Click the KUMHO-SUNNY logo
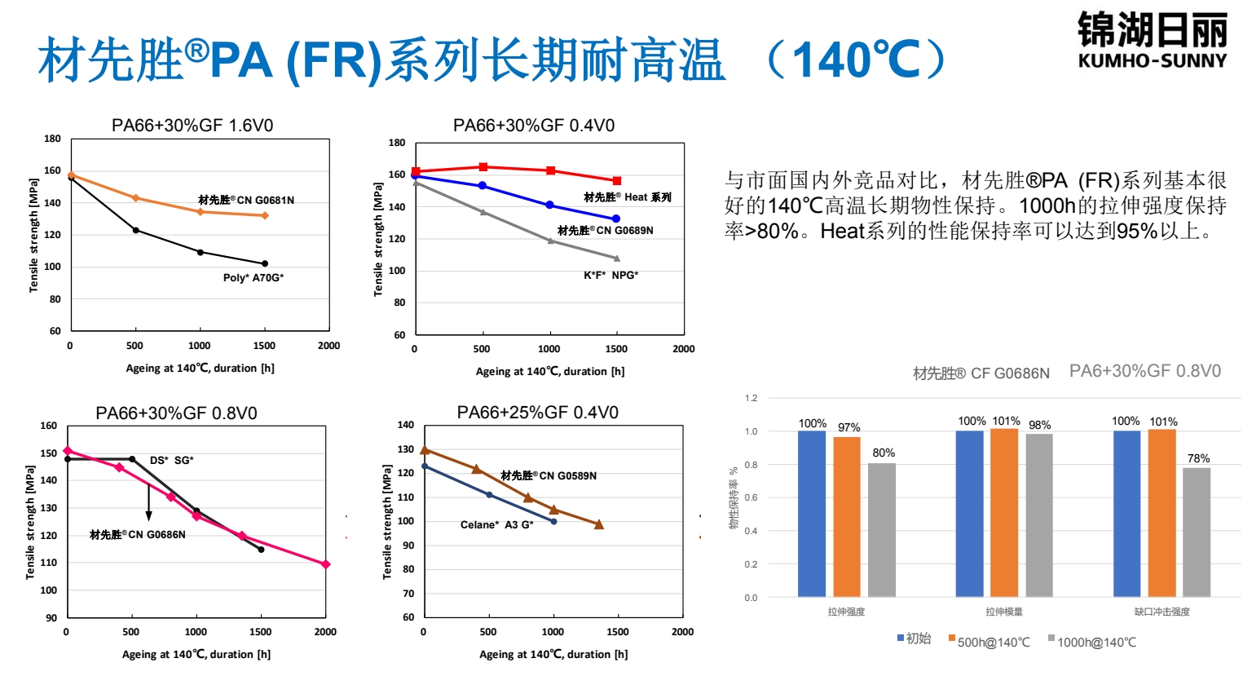tap(1152, 41)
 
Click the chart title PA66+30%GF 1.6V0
tap(192, 126)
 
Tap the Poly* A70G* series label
tap(253, 278)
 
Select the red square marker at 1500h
tap(617, 181)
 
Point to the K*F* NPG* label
tap(610, 276)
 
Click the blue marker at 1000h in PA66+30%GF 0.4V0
tap(549, 205)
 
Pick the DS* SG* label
tap(172, 461)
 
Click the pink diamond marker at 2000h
tap(325, 564)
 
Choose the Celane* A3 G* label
tap(496, 525)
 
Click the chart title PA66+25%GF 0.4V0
tap(537, 413)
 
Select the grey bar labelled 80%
tap(882, 530)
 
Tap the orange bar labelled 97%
tap(847, 517)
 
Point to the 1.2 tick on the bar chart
tap(751, 399)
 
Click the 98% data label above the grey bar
tap(1039, 426)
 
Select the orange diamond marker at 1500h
tap(264, 215)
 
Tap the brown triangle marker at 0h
tap(424, 449)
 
